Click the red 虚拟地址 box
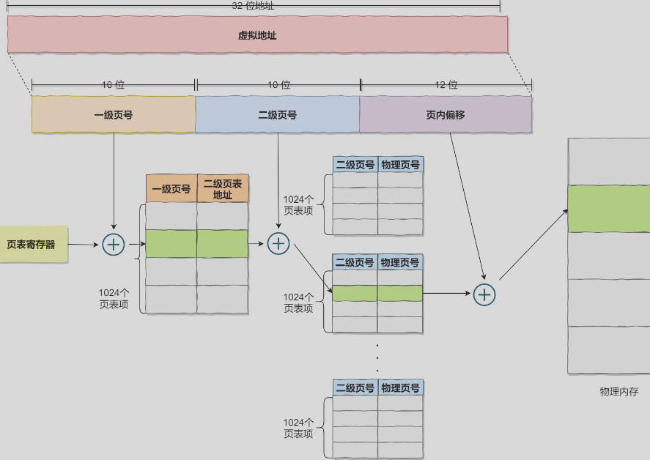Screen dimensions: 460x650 coord(257,34)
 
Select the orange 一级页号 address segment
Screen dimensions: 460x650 coord(114,115)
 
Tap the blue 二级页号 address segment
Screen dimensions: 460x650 coord(278,115)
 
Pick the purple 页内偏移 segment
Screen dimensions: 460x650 coord(446,115)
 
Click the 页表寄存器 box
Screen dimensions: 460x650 coord(32,245)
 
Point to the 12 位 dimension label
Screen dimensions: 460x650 coord(446,85)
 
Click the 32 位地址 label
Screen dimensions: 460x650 coord(253,6)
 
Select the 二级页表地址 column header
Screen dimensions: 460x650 coord(223,189)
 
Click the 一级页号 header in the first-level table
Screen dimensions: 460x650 coord(171,189)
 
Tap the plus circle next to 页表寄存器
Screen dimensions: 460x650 coord(114,245)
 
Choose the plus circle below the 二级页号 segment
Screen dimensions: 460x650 coord(278,243)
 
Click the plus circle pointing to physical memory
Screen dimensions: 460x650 coord(484,294)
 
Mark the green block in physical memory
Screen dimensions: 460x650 coord(609,209)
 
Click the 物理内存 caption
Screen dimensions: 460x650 coord(618,392)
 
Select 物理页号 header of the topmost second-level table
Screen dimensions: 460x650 coord(401,165)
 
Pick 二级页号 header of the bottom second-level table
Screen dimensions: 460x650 coord(355,387)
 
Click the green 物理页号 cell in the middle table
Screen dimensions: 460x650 coord(401,294)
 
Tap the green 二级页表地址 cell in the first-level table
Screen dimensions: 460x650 coord(223,244)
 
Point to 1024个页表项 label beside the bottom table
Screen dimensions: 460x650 coord(298,428)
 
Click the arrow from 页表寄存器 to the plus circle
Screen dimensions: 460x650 coord(83,245)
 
